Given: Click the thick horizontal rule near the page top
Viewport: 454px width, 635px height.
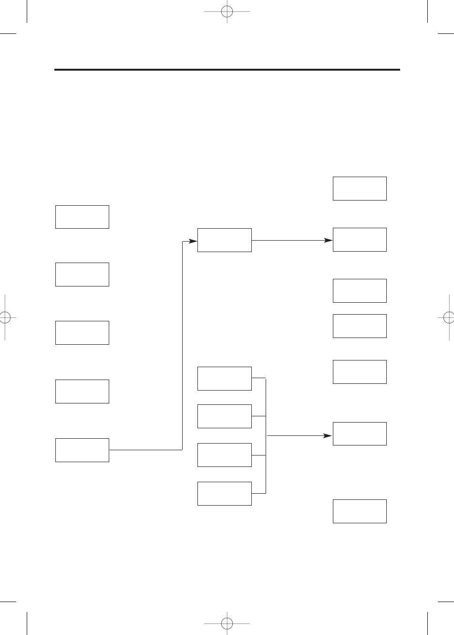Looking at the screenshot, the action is tap(227, 70).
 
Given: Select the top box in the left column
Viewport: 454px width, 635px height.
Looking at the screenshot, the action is tap(82, 217).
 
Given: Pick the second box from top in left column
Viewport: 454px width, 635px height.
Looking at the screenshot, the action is tap(82, 275).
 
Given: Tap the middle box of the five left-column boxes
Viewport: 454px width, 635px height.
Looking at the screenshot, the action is tap(82, 333).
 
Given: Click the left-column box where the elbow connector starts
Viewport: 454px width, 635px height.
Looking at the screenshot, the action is tap(82, 450).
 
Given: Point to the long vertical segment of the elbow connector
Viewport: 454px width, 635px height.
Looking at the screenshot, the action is tap(183, 344).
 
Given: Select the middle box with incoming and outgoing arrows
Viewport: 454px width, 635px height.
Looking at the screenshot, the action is tap(224, 240).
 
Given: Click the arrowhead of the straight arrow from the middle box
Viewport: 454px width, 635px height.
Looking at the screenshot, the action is tap(329, 240).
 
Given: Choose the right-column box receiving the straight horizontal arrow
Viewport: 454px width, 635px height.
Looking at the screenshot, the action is tap(360, 240).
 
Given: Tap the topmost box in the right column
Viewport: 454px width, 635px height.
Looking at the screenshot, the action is tap(360, 189).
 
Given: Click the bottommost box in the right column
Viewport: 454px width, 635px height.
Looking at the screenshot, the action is tap(360, 511).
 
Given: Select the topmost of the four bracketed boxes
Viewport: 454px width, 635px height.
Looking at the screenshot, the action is tap(224, 379).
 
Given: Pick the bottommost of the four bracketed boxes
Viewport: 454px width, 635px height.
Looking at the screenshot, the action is tap(224, 494).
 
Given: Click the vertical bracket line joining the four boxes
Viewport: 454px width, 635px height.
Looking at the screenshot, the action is tap(266, 435).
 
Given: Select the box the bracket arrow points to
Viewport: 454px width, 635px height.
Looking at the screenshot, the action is tap(360, 434).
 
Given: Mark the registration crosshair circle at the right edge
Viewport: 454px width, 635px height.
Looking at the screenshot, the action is tap(449, 317).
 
